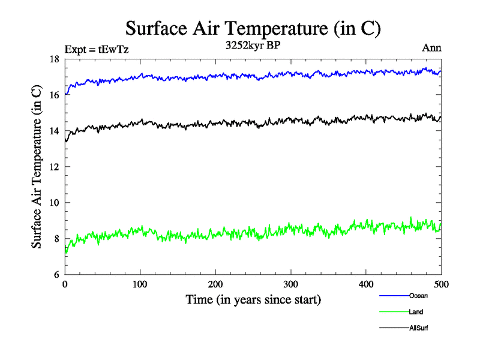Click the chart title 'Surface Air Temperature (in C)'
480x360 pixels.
(253, 28)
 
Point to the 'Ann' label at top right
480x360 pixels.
(432, 48)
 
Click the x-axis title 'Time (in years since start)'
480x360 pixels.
(253, 299)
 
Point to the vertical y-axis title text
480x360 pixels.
(37, 167)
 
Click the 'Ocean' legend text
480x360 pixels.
(418, 296)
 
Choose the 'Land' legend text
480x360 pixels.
(416, 312)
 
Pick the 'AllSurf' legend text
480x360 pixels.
(419, 328)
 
